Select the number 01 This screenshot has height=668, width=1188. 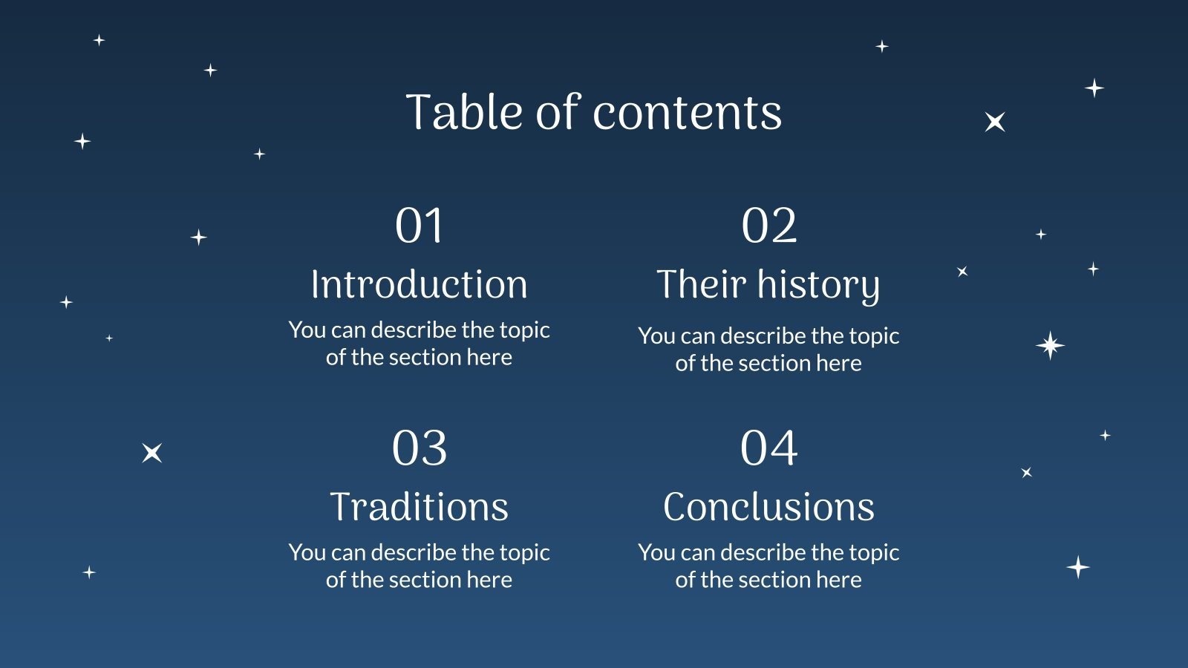[419, 226]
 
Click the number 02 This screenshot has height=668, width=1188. [768, 226]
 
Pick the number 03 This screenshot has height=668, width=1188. [419, 448]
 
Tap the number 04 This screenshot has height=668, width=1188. [768, 448]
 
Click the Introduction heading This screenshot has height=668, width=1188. [419, 284]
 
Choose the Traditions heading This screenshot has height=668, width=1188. [419, 507]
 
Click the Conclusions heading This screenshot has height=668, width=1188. [768, 507]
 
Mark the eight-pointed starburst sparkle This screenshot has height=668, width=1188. [1050, 345]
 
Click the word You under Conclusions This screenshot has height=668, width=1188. [656, 552]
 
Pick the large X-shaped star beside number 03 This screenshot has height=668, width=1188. [152, 452]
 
